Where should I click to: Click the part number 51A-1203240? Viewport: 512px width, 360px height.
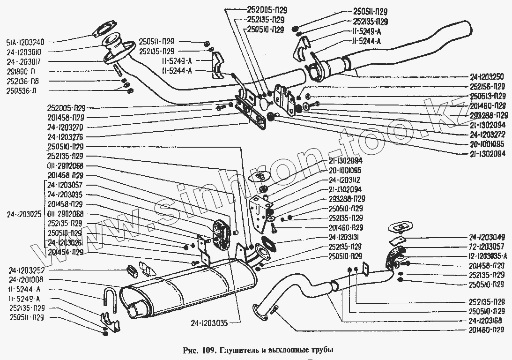26,42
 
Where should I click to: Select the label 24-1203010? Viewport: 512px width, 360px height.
26,51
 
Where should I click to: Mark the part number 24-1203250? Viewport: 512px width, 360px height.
487,77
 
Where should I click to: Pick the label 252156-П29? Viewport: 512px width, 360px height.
487,87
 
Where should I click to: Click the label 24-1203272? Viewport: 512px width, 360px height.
487,134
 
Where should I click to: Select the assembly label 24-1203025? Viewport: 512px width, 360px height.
24,214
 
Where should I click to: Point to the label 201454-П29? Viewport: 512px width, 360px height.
65,252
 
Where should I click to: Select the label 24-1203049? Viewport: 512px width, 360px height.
486,237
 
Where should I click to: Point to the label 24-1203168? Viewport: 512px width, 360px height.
486,321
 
